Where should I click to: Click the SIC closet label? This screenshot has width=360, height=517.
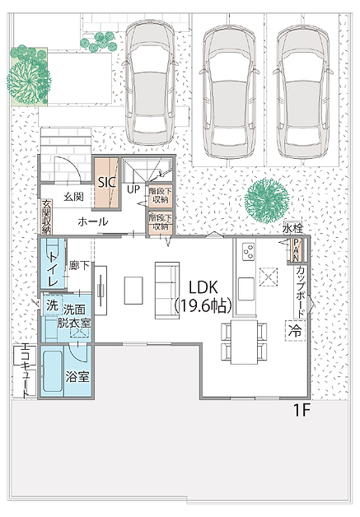[x=106, y=182]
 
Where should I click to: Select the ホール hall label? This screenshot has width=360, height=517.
[x=92, y=221]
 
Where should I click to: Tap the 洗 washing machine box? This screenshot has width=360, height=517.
[x=52, y=306]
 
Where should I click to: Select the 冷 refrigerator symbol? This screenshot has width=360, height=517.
[x=294, y=330]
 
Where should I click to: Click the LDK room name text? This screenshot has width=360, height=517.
[x=203, y=287]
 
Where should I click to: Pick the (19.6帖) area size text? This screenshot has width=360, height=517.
[x=203, y=305]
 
